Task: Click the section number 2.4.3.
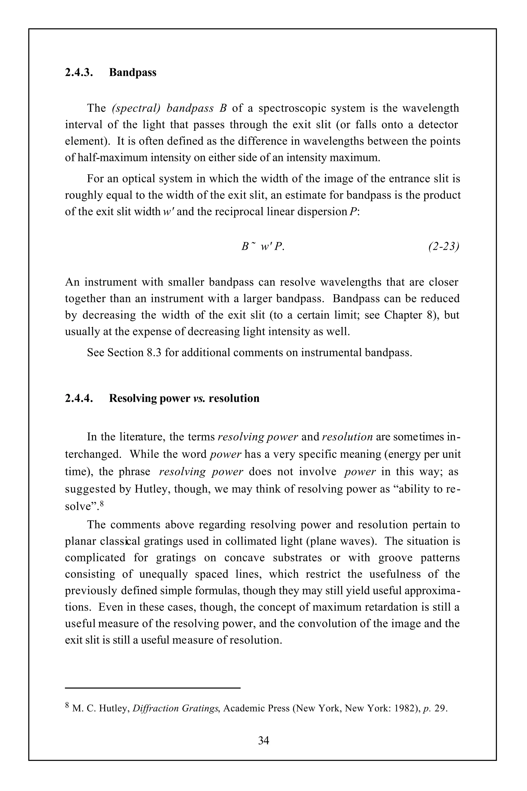click(x=79, y=73)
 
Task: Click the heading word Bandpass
click(x=133, y=73)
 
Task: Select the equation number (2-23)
click(x=443, y=246)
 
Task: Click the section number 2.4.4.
click(x=79, y=398)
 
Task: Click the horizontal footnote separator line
click(x=153, y=688)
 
